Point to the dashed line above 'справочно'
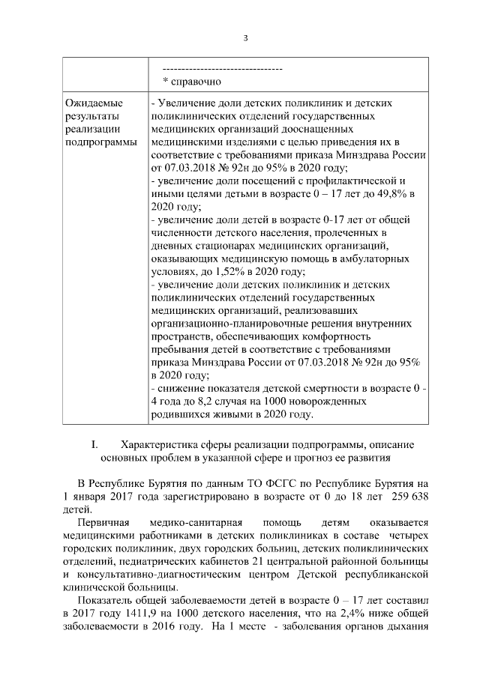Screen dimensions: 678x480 pos(222,69)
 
